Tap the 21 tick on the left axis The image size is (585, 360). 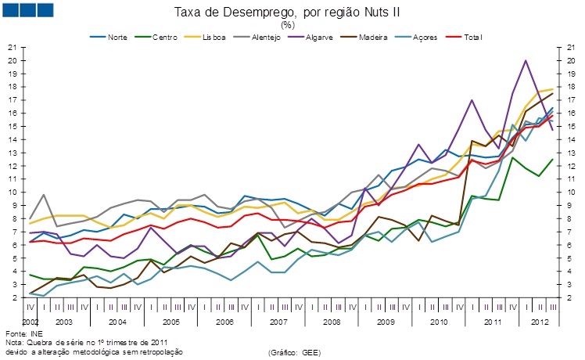click(13, 47)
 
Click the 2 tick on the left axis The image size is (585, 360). click(15, 298)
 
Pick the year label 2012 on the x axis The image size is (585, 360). click(539, 322)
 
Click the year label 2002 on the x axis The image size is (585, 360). click(30, 322)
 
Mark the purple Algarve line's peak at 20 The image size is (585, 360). click(526, 60)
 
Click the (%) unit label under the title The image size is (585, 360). click(288, 24)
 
